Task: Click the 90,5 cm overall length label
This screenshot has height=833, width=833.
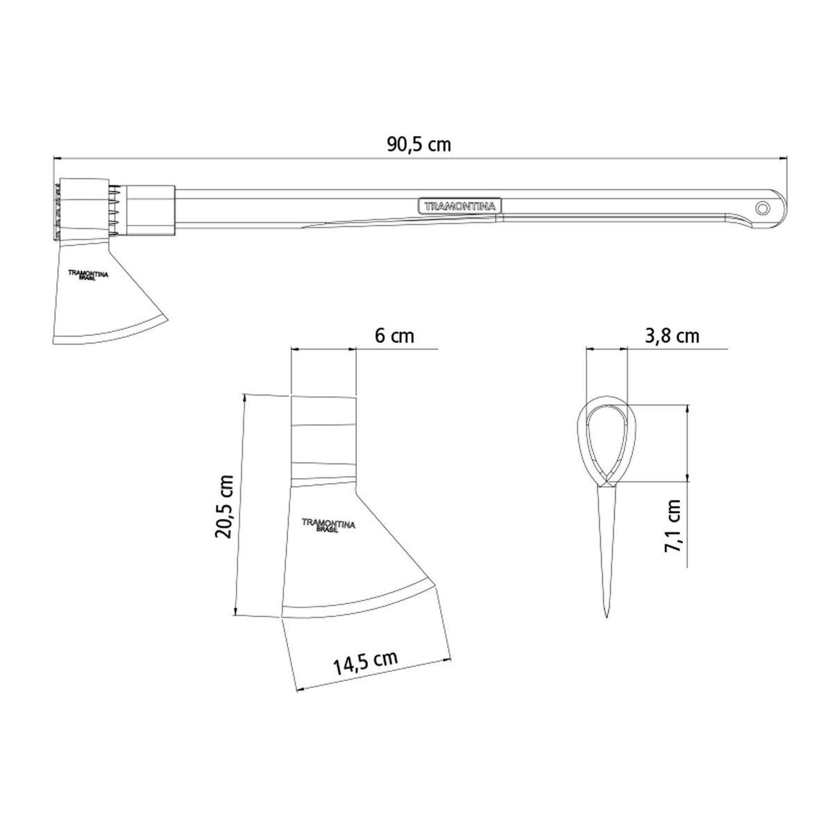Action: [x=419, y=145]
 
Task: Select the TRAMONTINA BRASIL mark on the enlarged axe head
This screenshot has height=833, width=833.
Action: [x=328, y=525]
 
